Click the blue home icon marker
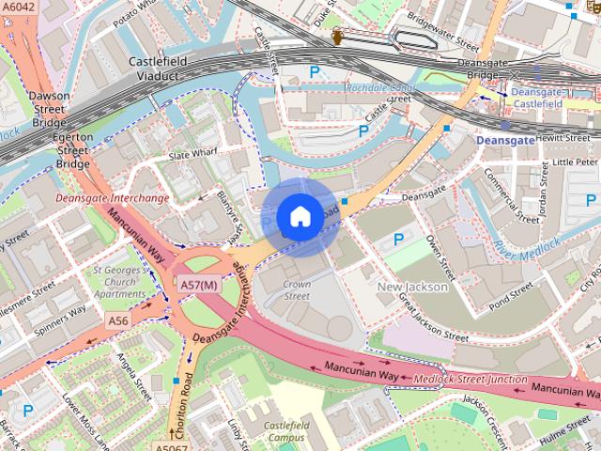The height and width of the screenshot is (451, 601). [300, 217]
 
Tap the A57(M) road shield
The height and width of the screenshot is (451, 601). [199, 285]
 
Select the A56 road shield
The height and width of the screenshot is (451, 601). [117, 321]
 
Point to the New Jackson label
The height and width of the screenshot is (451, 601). [412, 287]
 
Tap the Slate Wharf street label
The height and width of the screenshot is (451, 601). [192, 154]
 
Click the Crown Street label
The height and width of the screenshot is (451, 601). [297, 289]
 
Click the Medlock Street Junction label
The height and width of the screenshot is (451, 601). [470, 379]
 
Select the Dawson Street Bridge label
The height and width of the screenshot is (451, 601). [48, 109]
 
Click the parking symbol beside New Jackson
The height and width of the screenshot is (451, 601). [398, 241]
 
